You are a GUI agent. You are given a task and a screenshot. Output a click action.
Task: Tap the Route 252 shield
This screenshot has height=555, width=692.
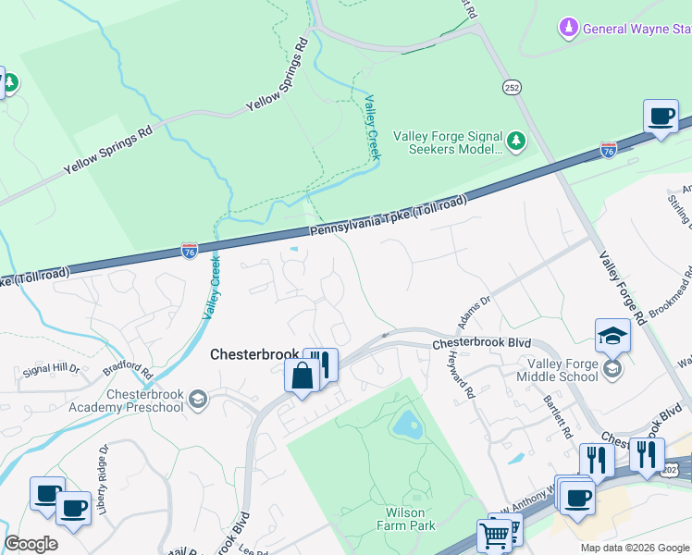click(x=512, y=87)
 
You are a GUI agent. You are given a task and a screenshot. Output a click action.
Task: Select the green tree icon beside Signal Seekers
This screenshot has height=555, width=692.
click(x=516, y=142)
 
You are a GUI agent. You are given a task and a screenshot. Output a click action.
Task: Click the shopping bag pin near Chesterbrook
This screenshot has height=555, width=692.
click(x=303, y=376)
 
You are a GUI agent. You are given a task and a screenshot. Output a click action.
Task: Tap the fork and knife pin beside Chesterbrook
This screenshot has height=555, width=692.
click(x=321, y=363)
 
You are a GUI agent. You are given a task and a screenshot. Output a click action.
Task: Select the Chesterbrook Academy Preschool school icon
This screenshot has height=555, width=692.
click(x=197, y=399)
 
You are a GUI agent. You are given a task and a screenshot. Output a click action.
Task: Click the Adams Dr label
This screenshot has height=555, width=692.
click(x=472, y=310)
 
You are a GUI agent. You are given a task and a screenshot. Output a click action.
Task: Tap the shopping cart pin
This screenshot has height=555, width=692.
click(x=494, y=534)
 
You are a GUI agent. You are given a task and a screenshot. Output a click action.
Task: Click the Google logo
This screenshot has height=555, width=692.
click(x=31, y=544)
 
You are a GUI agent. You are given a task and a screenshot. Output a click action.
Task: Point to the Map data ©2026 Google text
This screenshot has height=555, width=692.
click(x=634, y=548)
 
